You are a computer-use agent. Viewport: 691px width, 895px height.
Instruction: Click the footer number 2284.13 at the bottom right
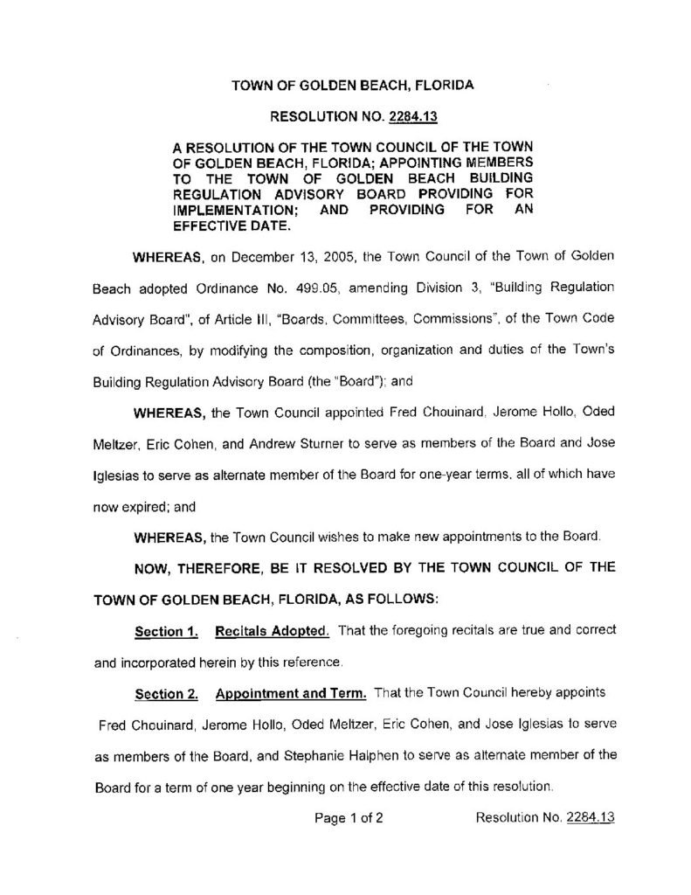tap(591, 819)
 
